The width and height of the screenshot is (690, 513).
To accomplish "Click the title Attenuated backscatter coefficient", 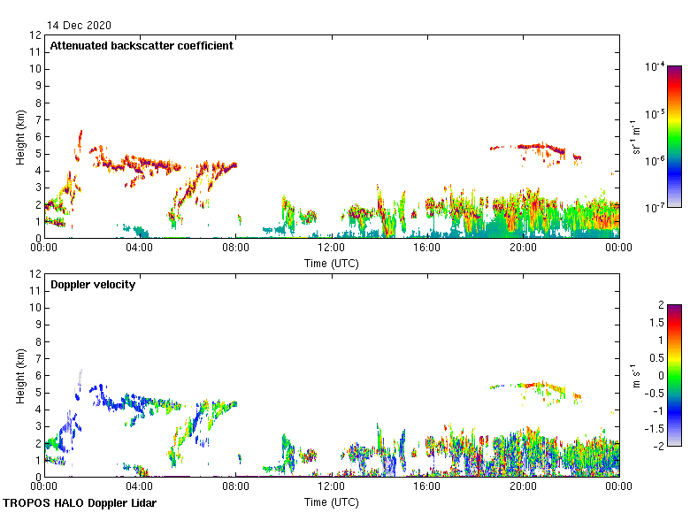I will (x=142, y=46).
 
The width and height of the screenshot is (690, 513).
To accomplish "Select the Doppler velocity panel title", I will (x=93, y=285).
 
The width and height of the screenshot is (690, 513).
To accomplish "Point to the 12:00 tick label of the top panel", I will (x=331, y=249).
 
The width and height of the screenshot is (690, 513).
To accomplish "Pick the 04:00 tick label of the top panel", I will (x=140, y=249).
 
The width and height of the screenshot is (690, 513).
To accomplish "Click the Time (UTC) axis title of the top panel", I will (x=331, y=263).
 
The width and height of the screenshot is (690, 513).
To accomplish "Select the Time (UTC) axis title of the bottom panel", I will (x=331, y=502).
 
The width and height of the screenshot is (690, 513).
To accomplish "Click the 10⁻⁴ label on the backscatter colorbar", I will (x=655, y=67).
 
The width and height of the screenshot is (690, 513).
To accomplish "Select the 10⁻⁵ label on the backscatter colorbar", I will (x=655, y=114).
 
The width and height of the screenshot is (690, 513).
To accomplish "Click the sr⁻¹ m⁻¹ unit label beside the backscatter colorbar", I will (x=636, y=136).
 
